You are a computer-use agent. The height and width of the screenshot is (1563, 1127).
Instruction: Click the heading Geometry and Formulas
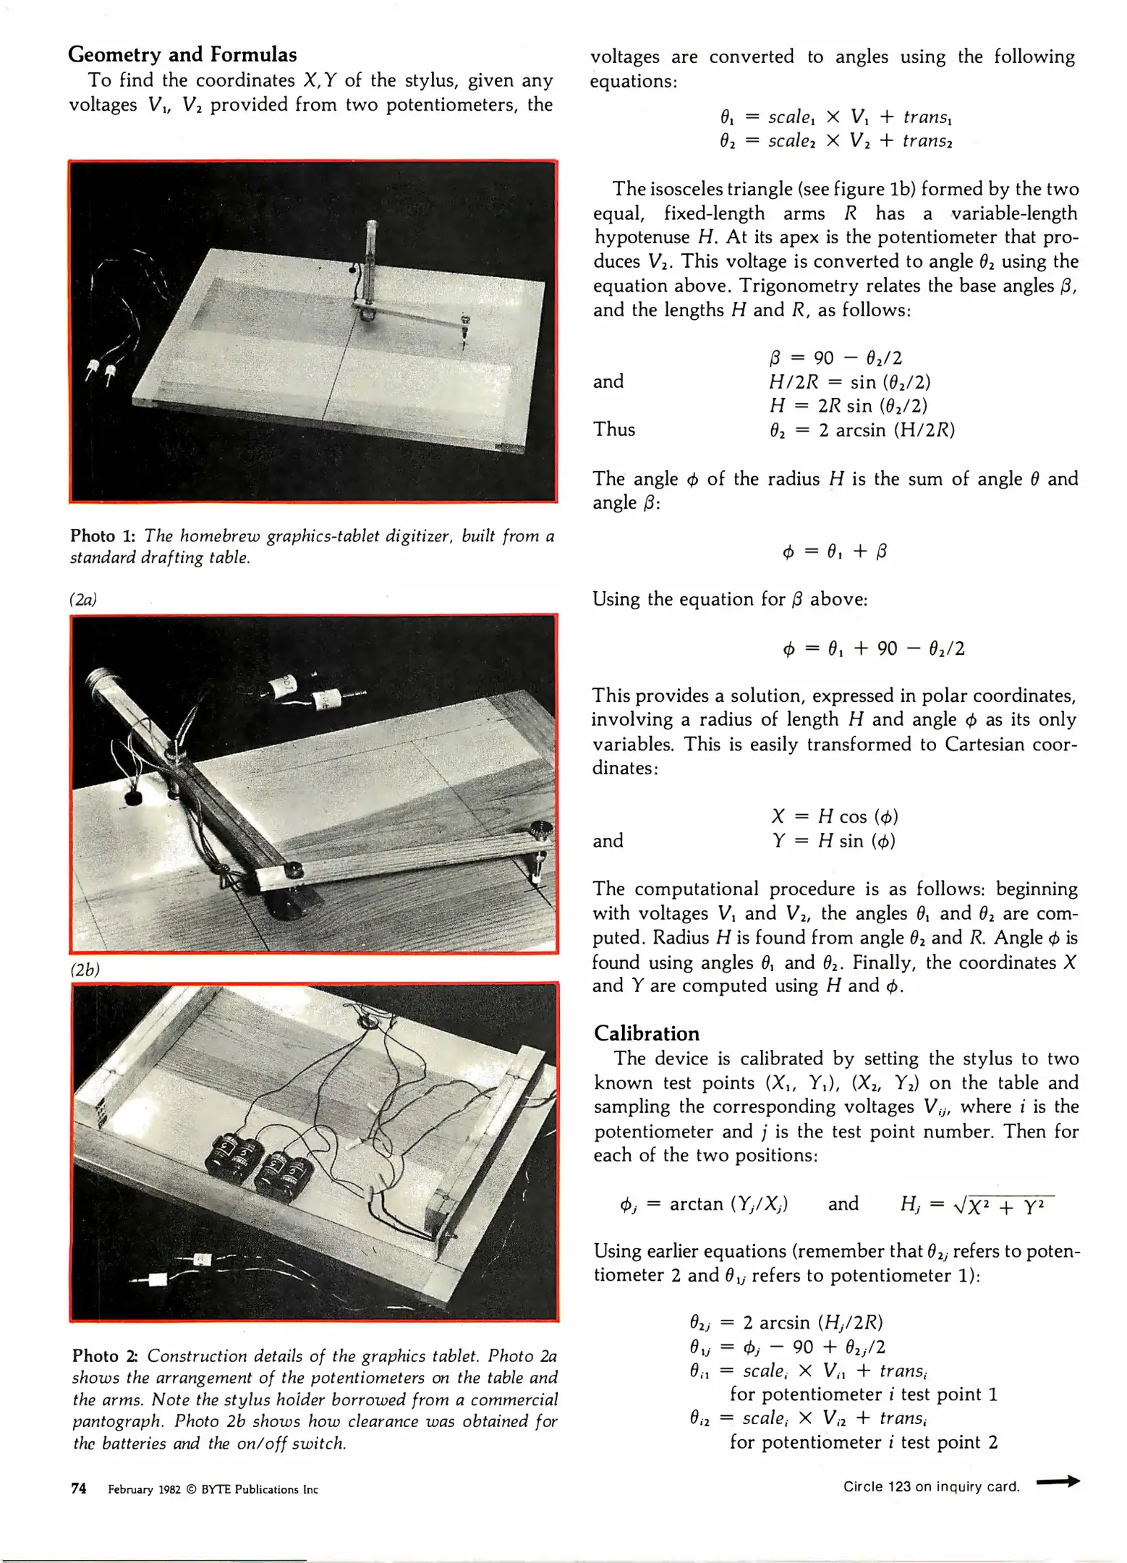[182, 55]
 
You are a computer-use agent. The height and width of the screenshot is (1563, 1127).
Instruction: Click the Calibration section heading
[647, 1033]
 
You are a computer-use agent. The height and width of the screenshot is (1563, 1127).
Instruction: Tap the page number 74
[79, 1488]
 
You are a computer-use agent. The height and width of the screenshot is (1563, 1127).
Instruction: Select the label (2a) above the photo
[83, 600]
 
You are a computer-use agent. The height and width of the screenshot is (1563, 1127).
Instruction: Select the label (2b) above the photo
[85, 970]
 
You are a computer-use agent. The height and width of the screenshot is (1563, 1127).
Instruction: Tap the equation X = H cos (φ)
[834, 817]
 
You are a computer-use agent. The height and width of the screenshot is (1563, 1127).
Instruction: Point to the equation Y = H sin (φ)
[833, 841]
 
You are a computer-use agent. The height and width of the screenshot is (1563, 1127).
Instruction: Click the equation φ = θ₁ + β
[834, 552]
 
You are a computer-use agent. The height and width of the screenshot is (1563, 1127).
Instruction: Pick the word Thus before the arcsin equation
[614, 430]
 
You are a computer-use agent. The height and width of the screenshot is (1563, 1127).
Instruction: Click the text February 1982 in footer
[144, 1489]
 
